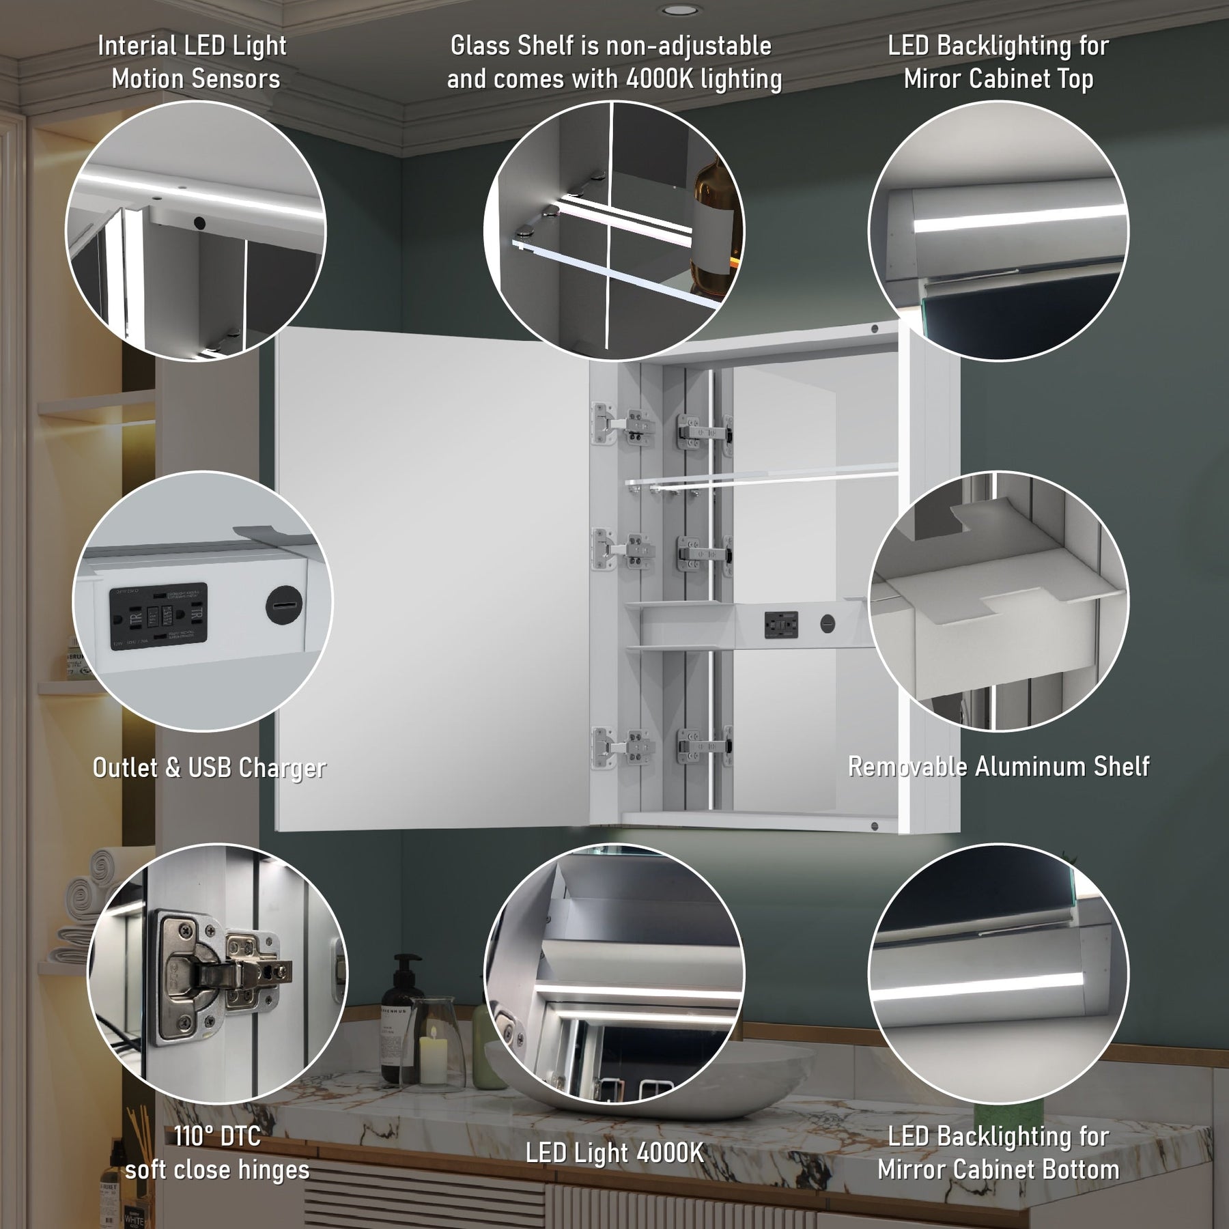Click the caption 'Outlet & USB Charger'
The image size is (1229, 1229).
(x=209, y=768)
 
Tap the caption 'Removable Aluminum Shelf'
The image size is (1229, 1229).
(x=998, y=767)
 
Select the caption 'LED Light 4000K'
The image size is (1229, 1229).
(x=614, y=1153)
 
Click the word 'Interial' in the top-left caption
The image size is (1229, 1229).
(x=137, y=46)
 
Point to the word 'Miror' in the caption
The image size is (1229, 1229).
(x=933, y=79)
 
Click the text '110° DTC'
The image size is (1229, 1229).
(x=217, y=1136)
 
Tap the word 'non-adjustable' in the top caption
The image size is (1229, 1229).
(x=690, y=46)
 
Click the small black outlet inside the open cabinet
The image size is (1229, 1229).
(x=782, y=623)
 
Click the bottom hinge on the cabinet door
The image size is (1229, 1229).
(x=623, y=746)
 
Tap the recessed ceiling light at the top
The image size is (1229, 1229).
(x=679, y=10)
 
